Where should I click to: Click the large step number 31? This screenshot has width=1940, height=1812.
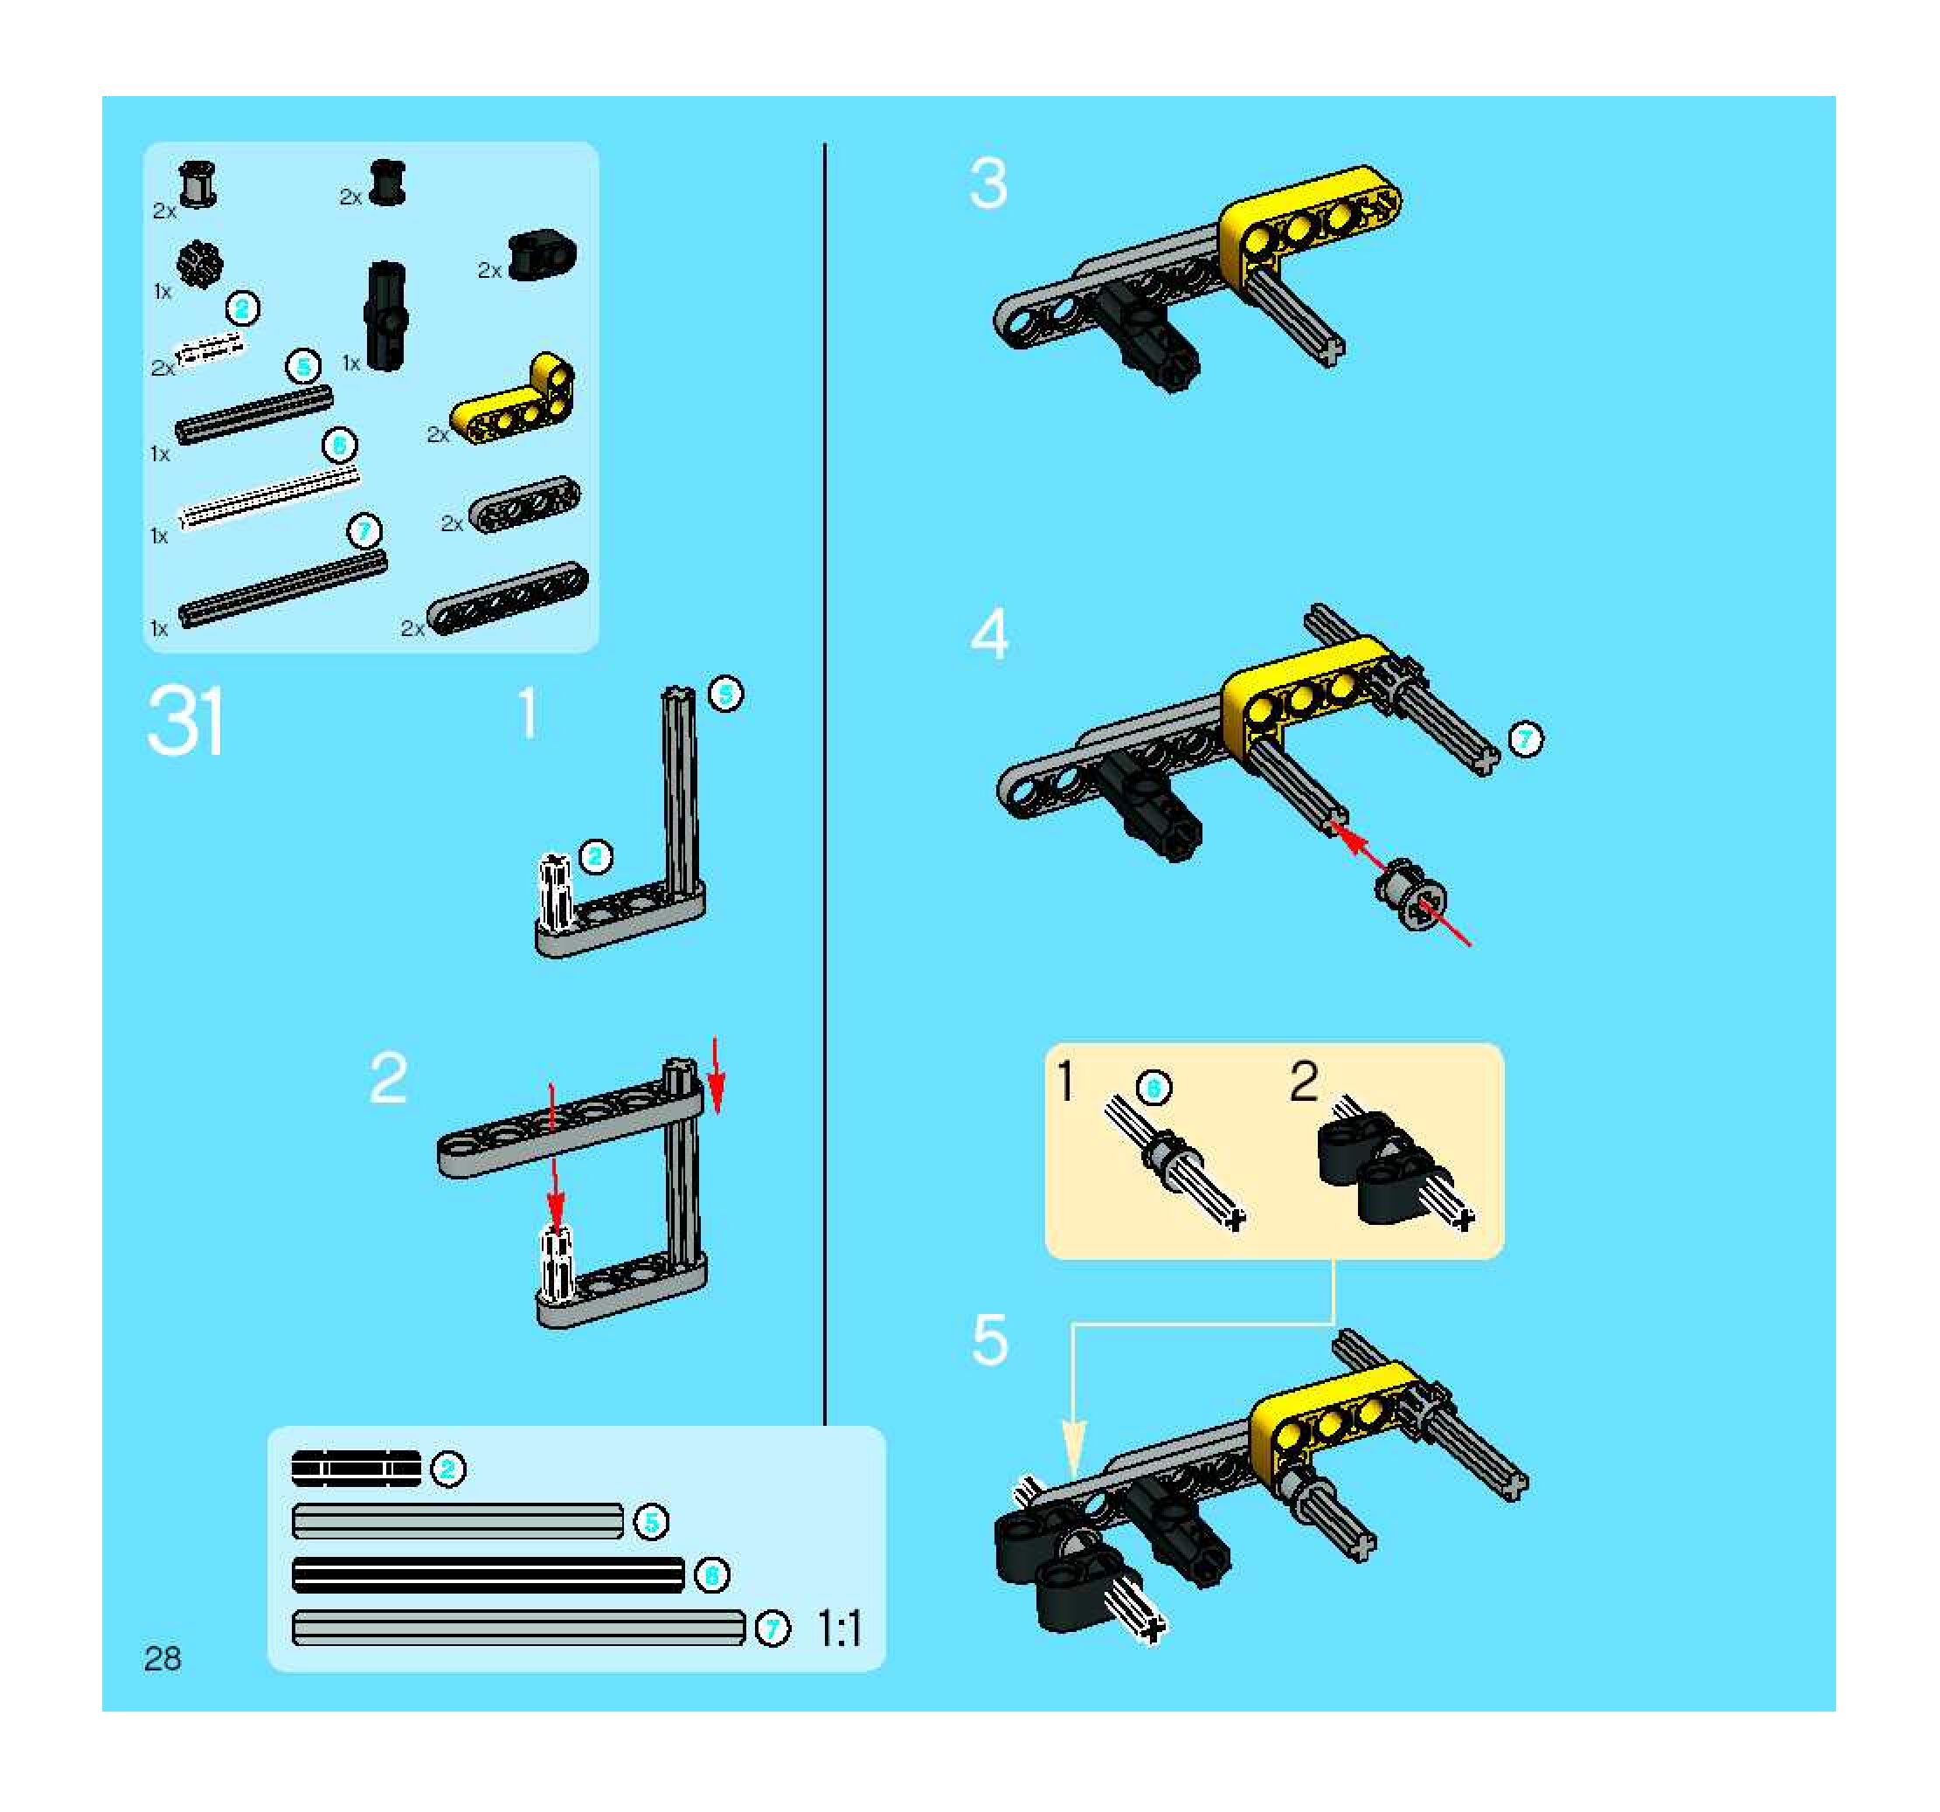click(x=185, y=721)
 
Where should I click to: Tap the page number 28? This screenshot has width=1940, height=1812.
click(x=162, y=1658)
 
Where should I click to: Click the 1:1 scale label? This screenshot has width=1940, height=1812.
click(x=838, y=1629)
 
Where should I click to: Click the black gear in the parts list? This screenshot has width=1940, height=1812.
click(x=200, y=264)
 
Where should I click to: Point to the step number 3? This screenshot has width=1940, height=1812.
click(x=987, y=184)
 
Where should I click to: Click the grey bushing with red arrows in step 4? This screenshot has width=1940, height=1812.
click(x=1410, y=896)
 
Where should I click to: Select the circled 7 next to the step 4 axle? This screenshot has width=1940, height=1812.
click(x=1525, y=740)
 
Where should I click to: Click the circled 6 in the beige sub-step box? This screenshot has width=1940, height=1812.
click(x=1154, y=1087)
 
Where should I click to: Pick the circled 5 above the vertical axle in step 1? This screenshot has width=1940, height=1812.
click(x=725, y=694)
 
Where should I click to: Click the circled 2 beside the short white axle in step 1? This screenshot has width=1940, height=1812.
click(x=595, y=857)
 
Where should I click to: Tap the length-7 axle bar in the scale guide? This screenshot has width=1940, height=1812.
click(x=518, y=1628)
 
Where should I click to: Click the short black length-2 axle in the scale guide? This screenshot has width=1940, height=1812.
click(x=357, y=1469)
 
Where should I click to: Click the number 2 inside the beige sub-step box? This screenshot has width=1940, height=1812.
click(x=1304, y=1083)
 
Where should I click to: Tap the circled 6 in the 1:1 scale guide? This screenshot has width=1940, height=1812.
click(x=712, y=1575)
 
